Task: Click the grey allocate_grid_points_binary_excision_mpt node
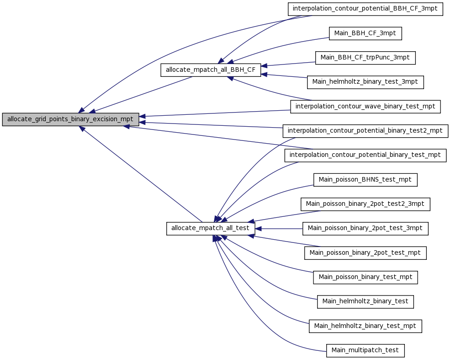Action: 70,119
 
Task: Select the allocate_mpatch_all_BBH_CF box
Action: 211,70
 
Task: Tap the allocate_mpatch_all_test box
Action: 211,228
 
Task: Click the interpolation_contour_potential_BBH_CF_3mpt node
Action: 365,9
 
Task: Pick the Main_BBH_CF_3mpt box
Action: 365,33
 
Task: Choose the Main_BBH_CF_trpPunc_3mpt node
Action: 365,58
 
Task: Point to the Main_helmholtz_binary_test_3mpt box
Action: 365,82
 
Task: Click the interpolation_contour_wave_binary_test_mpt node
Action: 365,107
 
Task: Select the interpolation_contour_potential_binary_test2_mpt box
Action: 365,131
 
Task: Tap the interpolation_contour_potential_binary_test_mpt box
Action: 365,155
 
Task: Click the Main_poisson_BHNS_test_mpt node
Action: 365,180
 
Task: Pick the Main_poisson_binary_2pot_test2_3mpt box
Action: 365,204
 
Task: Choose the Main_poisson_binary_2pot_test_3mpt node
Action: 365,228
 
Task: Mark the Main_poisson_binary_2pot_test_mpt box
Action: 365,253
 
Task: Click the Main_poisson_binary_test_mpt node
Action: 365,277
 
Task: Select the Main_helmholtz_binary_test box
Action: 365,301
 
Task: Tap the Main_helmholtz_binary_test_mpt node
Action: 365,326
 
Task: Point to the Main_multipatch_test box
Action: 365,350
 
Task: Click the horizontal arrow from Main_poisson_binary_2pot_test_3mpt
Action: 279,229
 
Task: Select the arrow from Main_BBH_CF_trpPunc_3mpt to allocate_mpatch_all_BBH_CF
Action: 288,64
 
